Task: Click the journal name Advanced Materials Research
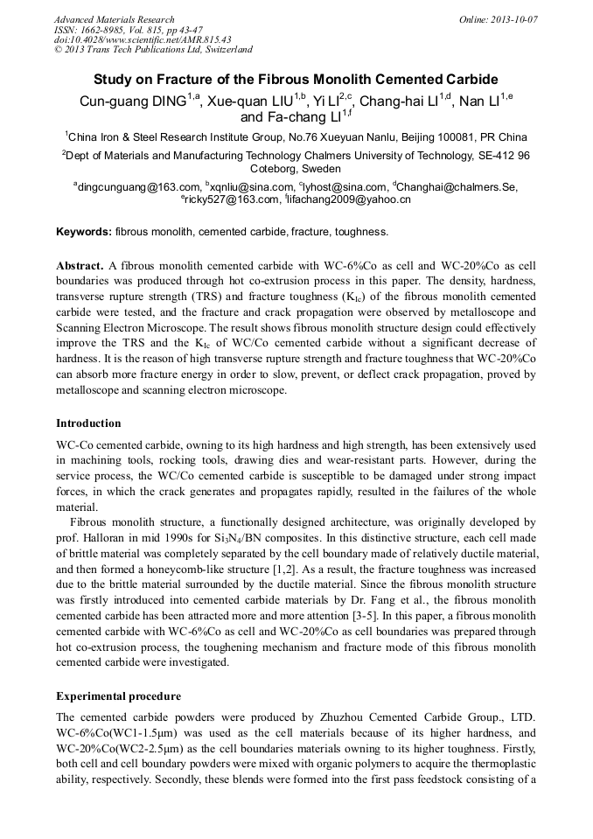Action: click(x=114, y=19)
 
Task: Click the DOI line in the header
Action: click(x=143, y=39)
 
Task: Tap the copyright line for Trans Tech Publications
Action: click(x=154, y=50)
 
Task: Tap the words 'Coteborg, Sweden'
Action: click(x=296, y=169)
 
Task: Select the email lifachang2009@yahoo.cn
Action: click(x=348, y=200)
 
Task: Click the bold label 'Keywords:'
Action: click(x=83, y=232)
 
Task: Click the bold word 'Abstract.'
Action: click(x=80, y=264)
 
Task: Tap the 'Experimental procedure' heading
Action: click(x=118, y=696)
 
